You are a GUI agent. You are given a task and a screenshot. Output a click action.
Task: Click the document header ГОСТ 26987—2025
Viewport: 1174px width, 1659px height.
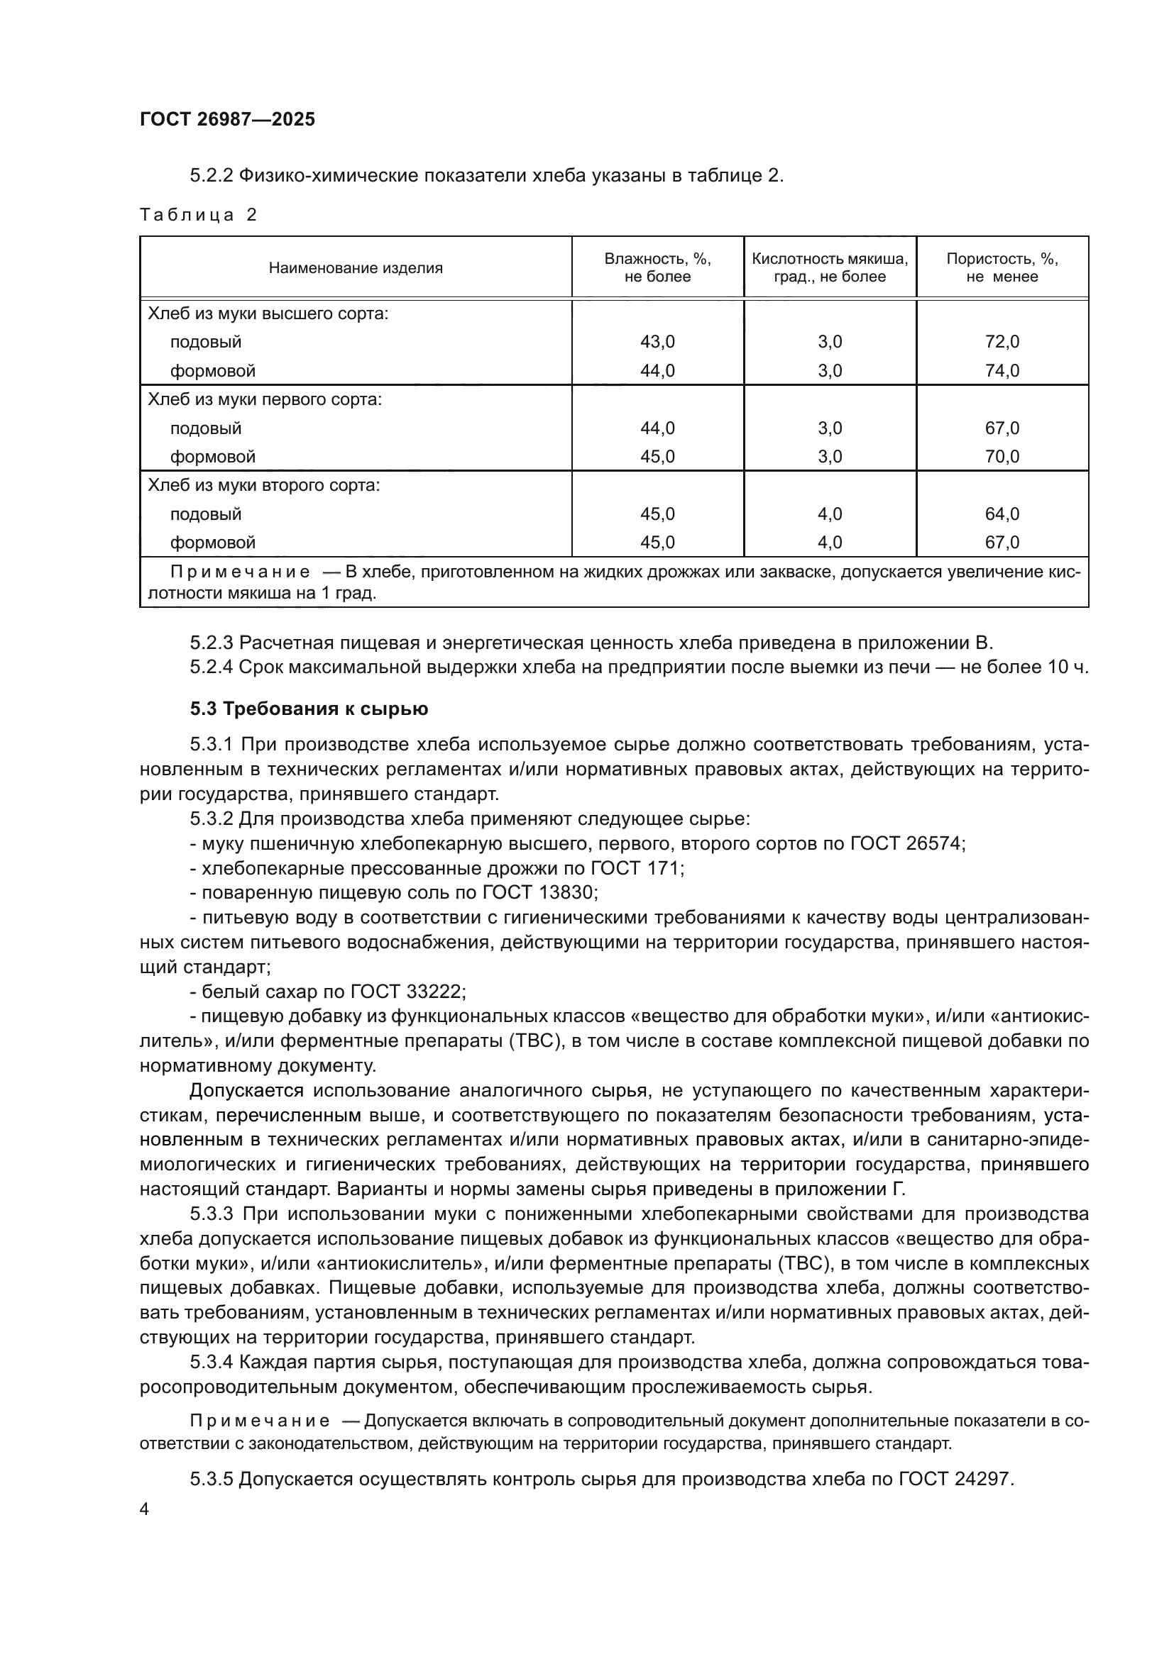227,119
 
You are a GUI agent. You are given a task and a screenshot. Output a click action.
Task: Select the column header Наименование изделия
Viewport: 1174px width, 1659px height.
355,268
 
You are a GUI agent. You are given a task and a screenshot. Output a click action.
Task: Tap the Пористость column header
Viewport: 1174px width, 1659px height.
1002,267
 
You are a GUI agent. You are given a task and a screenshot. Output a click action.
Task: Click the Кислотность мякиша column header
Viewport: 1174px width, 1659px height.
829,267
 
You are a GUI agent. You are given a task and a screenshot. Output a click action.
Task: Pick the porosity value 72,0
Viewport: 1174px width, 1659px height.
1002,342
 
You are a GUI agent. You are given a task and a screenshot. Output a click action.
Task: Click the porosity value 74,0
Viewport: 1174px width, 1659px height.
1002,371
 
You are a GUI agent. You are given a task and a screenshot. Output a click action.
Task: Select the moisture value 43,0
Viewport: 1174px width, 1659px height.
657,342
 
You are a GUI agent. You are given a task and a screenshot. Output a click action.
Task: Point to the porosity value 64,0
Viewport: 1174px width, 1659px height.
1002,514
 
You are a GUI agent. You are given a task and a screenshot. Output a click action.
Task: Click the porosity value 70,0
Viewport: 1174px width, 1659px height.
1002,457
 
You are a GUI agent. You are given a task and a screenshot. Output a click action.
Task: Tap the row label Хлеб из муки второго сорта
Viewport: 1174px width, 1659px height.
264,485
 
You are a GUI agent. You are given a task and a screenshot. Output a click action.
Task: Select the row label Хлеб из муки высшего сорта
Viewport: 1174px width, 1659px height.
268,314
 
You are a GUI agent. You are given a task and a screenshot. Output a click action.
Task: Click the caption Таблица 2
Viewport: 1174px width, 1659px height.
198,215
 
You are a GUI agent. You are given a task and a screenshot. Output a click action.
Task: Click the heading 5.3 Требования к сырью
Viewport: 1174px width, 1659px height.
309,709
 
